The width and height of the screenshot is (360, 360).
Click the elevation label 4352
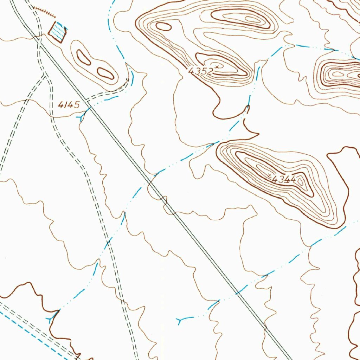(x=201, y=71)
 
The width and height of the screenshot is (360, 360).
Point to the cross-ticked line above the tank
(x=44, y=12)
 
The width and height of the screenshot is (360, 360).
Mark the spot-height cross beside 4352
(x=218, y=66)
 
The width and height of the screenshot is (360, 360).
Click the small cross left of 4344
(x=270, y=175)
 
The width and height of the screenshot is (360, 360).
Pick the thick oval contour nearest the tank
(x=83, y=57)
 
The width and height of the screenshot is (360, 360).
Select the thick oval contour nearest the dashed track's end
(x=105, y=73)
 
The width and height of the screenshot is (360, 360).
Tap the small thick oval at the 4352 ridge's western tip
(x=163, y=26)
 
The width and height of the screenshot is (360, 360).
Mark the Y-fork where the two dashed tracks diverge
(x=45, y=75)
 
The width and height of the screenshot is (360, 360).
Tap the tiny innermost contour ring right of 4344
(x=301, y=182)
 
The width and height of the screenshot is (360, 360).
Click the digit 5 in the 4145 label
(x=77, y=104)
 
